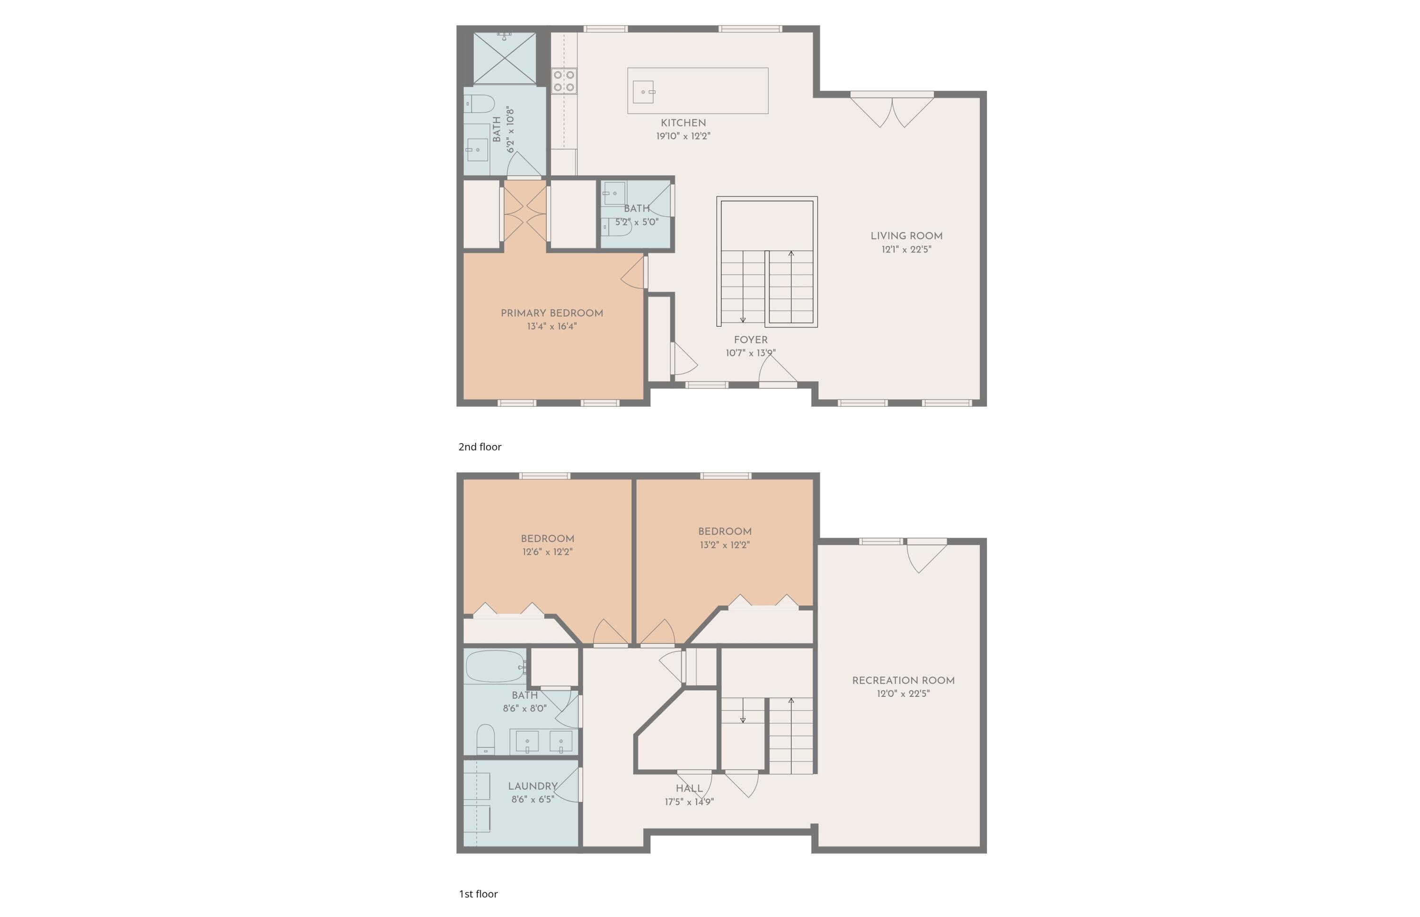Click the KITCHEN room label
(x=683, y=123)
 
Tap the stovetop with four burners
(x=563, y=81)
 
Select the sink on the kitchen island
(x=643, y=92)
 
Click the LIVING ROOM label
(x=905, y=236)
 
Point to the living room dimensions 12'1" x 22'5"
(x=905, y=249)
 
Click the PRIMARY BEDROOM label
(x=551, y=313)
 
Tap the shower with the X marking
(x=504, y=58)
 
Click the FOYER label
(x=750, y=339)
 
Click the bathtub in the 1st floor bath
(x=494, y=666)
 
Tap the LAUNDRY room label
(x=532, y=786)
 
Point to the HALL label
(x=689, y=788)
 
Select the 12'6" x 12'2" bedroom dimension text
(x=547, y=552)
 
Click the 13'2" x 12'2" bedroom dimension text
(x=724, y=545)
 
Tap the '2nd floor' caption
(x=480, y=446)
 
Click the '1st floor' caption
(x=478, y=894)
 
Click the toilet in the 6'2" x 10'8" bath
(x=479, y=104)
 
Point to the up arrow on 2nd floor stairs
(x=790, y=254)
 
